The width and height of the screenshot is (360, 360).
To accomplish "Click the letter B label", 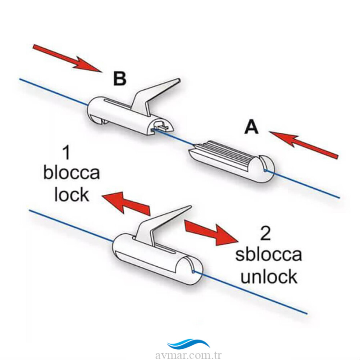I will [120, 79].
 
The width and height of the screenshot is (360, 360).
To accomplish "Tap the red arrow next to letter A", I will [304, 145].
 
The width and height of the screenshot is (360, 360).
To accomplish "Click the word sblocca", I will [268, 254].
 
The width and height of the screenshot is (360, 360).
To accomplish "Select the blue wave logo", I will [188, 344].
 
